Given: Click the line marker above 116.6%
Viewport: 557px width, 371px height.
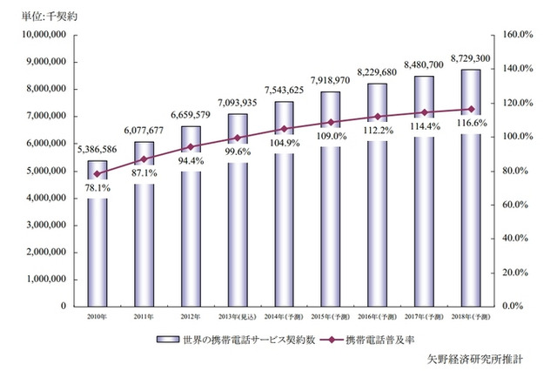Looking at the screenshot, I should (470, 109).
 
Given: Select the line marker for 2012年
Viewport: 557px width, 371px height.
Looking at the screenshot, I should (190, 146).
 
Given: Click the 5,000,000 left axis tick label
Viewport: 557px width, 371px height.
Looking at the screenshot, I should (43, 171).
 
